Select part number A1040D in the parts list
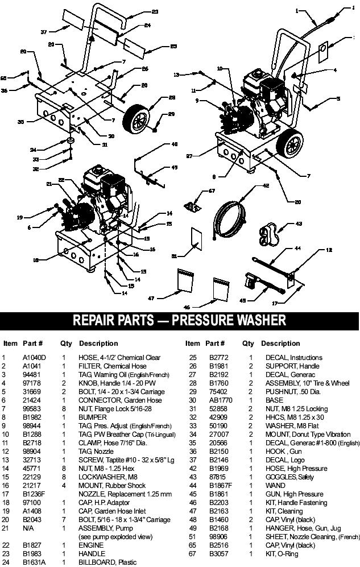[x=35, y=358]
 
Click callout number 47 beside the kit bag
[x=151, y=297]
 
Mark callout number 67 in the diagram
[x=212, y=192]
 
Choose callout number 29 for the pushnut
[x=171, y=114]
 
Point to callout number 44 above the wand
[x=297, y=248]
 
